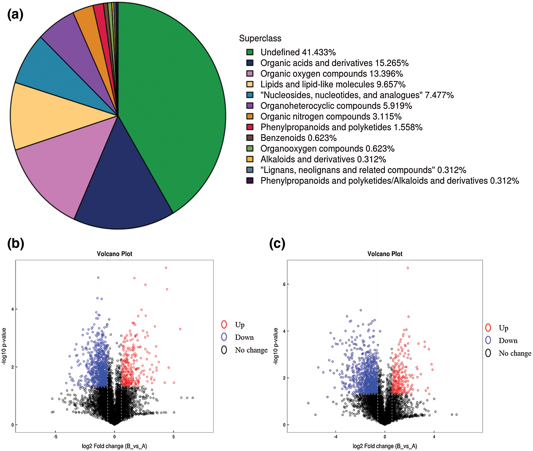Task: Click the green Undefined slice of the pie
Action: coord(171,107)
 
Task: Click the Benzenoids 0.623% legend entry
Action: coord(298,138)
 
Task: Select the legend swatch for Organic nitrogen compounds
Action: coord(250,116)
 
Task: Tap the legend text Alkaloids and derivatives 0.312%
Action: coord(323,159)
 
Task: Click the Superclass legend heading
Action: coord(260,38)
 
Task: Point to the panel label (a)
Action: coord(15,14)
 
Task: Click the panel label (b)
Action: coord(16,243)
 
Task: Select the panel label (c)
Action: coord(277,243)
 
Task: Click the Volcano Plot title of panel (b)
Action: coord(114,254)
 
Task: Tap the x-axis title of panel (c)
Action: coord(385,446)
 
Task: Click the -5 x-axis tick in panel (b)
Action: coord(55,437)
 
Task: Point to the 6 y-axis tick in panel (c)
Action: coord(284,284)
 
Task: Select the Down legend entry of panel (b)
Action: coord(244,337)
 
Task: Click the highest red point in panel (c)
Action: coord(408,268)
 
